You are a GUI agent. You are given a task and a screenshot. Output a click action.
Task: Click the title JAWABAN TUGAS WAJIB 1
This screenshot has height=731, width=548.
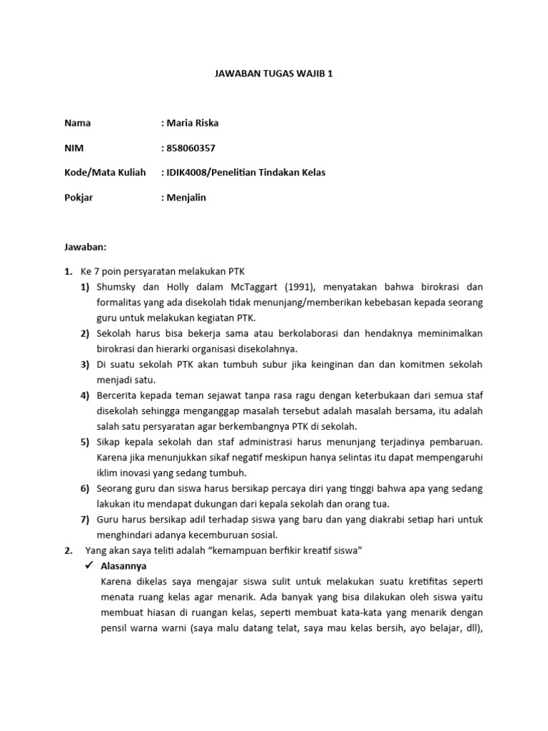coord(274,73)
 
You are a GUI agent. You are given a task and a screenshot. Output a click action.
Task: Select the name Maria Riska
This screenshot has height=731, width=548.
coord(193,123)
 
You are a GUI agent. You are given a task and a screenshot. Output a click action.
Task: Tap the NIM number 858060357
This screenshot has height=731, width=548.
coord(191,148)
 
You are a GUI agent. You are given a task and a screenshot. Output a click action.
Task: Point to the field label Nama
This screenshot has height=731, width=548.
coord(78,123)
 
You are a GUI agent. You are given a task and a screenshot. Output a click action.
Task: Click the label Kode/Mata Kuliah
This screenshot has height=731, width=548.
coord(105,173)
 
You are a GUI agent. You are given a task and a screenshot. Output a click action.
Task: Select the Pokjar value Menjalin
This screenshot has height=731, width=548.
coord(186,197)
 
